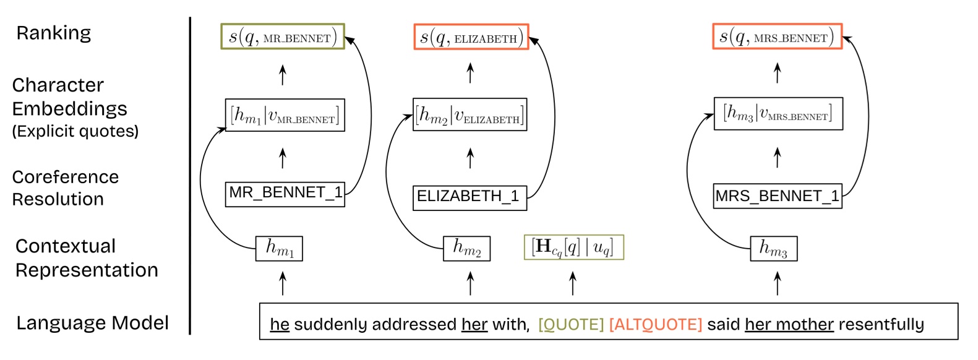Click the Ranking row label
53,33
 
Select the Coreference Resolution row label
65,187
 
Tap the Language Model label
92,323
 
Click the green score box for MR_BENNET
283,37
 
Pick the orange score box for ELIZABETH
471,37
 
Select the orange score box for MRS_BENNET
777,37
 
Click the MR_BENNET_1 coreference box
285,194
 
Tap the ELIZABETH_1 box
470,197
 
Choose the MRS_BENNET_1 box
778,196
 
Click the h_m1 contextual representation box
279,248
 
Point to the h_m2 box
466,248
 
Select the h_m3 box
773,248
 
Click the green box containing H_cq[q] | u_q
573,247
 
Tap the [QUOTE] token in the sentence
570,324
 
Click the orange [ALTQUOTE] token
655,324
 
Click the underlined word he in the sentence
280,324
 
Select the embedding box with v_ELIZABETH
470,114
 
